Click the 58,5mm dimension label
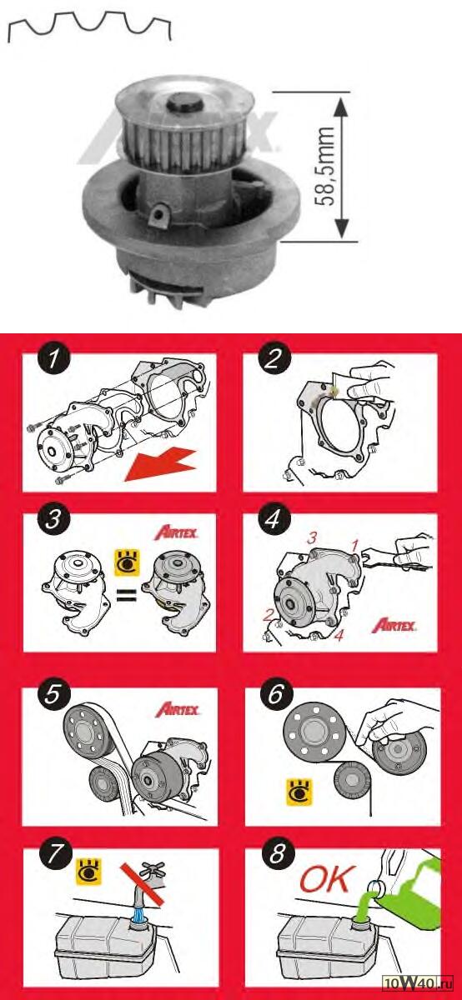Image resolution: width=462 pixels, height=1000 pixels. click(324, 166)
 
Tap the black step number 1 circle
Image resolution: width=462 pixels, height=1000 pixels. click(54, 359)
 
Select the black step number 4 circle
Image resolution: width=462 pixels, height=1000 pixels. click(274, 519)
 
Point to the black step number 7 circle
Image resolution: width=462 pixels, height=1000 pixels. click(55, 854)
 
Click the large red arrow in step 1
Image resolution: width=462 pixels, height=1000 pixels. click(160, 465)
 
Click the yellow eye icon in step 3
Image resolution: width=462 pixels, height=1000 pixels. click(128, 563)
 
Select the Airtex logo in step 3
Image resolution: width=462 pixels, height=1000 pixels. click(176, 532)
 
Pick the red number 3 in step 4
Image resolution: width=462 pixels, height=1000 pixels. click(312, 537)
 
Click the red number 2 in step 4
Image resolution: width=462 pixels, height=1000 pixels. click(268, 616)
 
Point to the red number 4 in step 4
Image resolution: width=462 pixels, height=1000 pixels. click(339, 634)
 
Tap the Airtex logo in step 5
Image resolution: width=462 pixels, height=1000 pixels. click(177, 709)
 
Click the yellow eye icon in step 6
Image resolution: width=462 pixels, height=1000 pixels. click(299, 792)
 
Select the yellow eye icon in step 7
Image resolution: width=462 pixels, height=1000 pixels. click(88, 871)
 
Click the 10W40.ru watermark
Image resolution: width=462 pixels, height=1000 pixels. click(418, 990)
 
